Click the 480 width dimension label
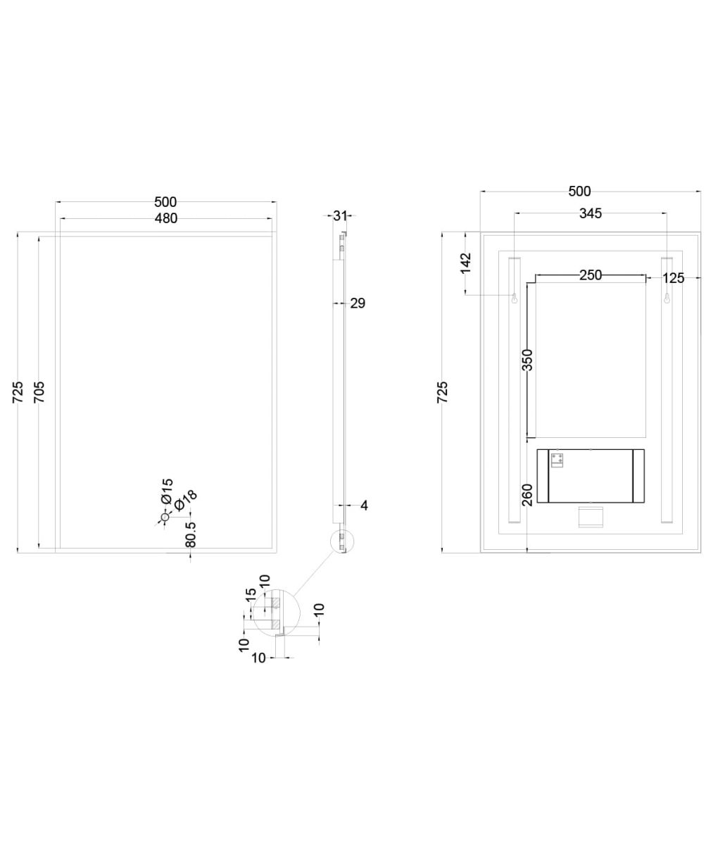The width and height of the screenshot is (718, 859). [x=165, y=218]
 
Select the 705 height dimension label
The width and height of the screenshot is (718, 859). [x=39, y=392]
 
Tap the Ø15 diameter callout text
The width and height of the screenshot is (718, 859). [x=167, y=491]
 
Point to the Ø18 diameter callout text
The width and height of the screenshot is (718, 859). [x=186, y=501]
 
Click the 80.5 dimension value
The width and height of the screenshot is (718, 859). [x=191, y=535]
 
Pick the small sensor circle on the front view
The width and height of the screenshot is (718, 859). [x=165, y=517]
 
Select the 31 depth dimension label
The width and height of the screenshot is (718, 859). [x=340, y=215]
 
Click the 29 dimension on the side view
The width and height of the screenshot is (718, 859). [x=358, y=303]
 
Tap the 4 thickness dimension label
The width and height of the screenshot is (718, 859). [x=364, y=506]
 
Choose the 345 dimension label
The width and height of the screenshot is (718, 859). [x=591, y=213]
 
